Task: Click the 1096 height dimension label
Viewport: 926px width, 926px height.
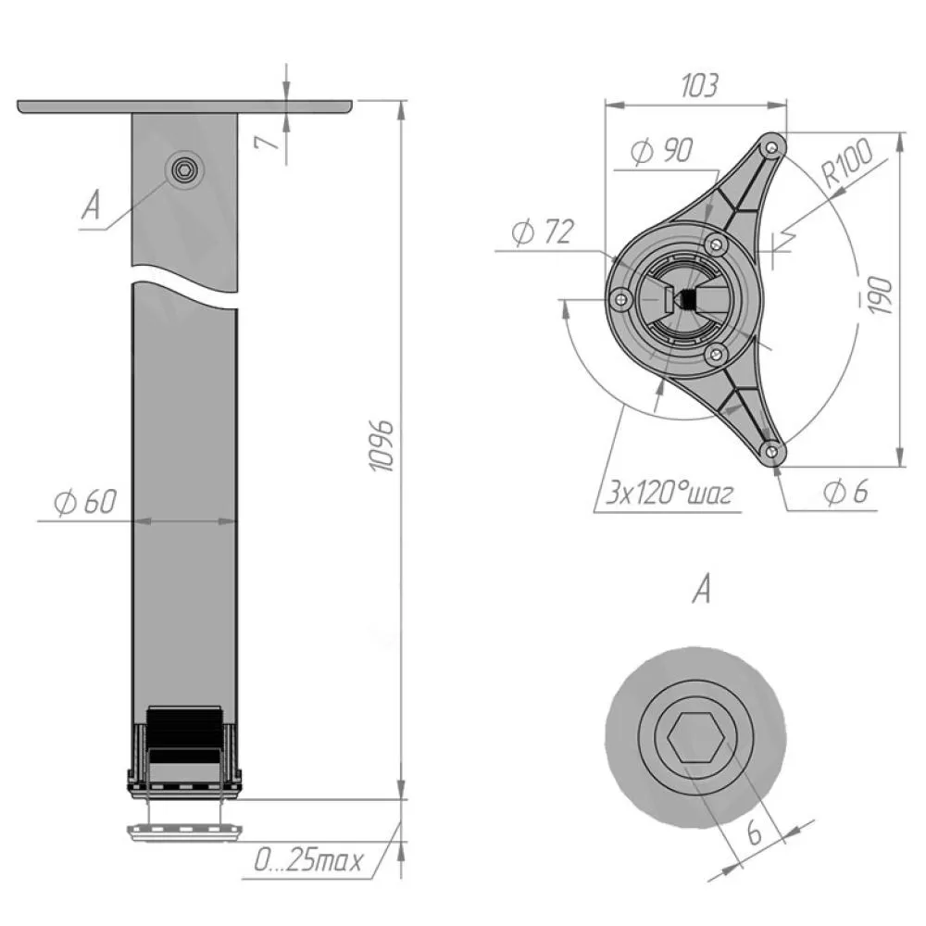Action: [381, 446]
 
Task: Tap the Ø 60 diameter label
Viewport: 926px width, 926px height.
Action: [85, 502]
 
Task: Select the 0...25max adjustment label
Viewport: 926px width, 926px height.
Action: [307, 861]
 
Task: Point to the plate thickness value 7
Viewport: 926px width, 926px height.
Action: [268, 142]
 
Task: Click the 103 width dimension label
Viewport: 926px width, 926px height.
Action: [699, 85]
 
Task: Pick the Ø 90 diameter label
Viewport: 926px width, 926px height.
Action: [661, 151]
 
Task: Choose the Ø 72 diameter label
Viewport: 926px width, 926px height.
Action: [542, 231]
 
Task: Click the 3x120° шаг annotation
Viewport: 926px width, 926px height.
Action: [669, 494]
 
